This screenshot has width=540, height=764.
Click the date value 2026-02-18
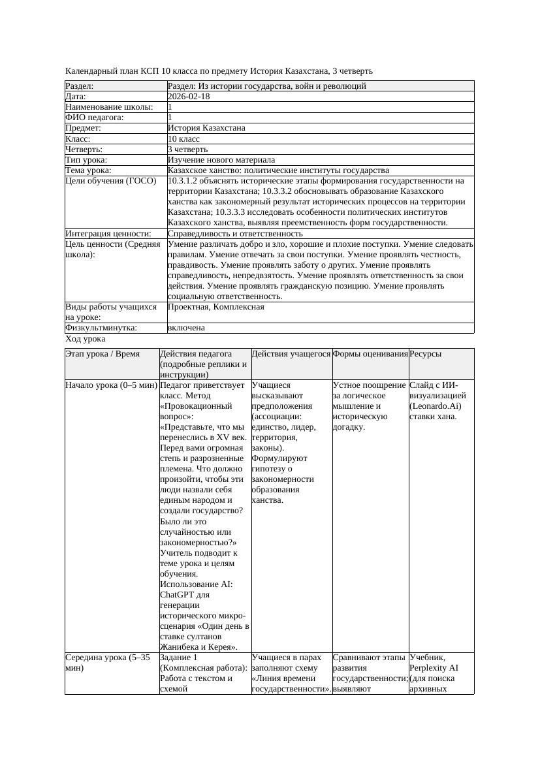click(x=189, y=97)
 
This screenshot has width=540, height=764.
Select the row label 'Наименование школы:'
click(x=110, y=107)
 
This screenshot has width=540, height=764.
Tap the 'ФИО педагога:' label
click(x=95, y=118)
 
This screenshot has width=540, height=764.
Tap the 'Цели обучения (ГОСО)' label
click(x=111, y=181)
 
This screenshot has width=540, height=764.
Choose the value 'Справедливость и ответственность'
click(x=235, y=233)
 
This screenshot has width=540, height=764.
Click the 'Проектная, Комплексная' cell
click(x=215, y=306)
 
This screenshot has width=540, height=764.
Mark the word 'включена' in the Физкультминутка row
click(x=186, y=328)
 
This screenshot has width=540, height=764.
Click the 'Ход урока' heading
click(x=86, y=339)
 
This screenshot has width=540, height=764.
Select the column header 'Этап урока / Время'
click(x=103, y=353)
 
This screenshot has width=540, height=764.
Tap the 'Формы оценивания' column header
click(x=370, y=353)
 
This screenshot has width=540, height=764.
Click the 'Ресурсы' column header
click(x=426, y=353)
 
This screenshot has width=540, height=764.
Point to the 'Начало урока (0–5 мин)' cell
click(x=111, y=385)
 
